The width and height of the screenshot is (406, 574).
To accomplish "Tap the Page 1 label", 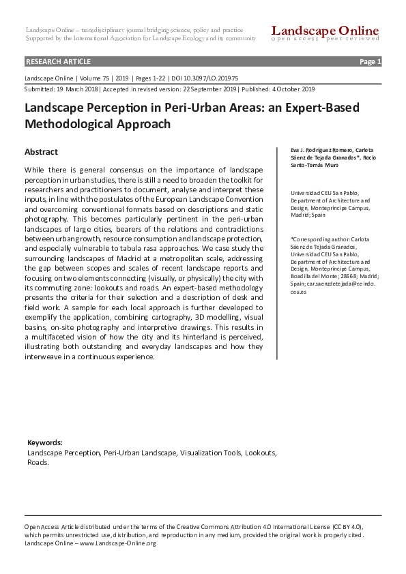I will click(x=370, y=61).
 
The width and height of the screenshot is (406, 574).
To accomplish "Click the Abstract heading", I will click(x=41, y=152).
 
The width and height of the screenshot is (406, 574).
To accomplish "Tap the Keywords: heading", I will click(x=44, y=442).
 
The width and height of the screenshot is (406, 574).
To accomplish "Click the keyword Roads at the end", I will click(x=38, y=462).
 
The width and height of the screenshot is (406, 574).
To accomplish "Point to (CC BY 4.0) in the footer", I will click(x=347, y=527).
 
